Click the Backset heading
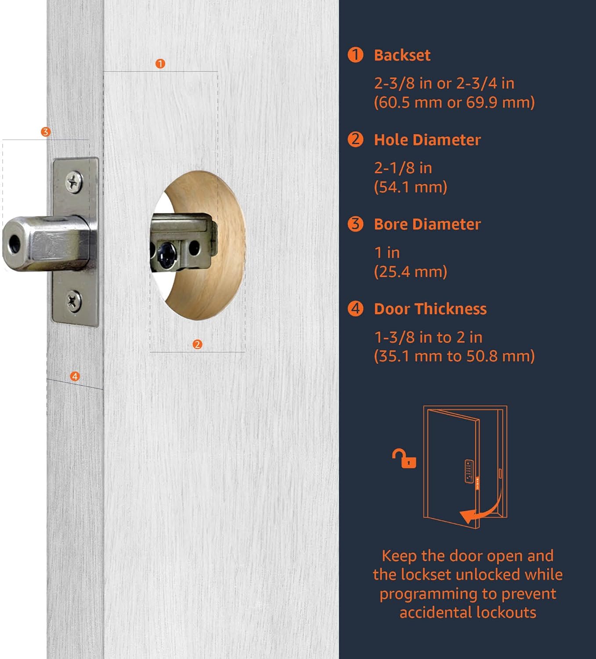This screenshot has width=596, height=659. pos(402,55)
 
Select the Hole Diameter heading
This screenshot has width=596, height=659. pos(427,140)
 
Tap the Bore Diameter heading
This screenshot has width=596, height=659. pos(427,224)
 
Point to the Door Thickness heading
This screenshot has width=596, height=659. pos(430,309)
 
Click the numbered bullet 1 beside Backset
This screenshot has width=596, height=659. pos(355,55)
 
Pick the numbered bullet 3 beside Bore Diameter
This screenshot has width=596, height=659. pos(355,224)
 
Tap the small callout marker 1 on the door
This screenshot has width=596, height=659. pos(160,64)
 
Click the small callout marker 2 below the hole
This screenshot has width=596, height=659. pos(197,344)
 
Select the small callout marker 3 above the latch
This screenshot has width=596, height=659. pos(45,132)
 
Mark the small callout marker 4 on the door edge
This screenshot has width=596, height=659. pos(75,377)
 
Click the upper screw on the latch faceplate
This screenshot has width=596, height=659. pos(74,181)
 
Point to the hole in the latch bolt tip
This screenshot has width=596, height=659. pos(14,242)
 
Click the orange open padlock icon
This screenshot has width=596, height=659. pos(405,459)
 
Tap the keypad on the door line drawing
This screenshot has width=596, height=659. pos(469,471)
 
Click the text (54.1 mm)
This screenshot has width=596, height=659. pos(410,187)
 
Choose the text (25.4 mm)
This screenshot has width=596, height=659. pos(410,272)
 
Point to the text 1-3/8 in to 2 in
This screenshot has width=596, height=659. pos(428,337)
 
